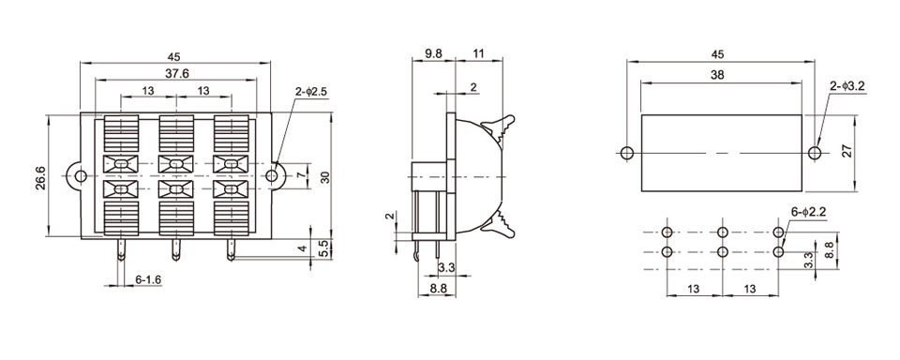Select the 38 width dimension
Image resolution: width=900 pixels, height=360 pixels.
click(x=717, y=75)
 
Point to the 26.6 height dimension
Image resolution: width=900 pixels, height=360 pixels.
click(x=41, y=177)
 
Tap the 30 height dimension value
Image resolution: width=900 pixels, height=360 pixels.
click(x=325, y=177)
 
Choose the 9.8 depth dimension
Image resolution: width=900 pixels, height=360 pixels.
click(x=433, y=53)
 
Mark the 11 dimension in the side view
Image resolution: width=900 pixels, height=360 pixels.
click(x=479, y=53)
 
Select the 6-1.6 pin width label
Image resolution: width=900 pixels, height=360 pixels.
click(x=148, y=279)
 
